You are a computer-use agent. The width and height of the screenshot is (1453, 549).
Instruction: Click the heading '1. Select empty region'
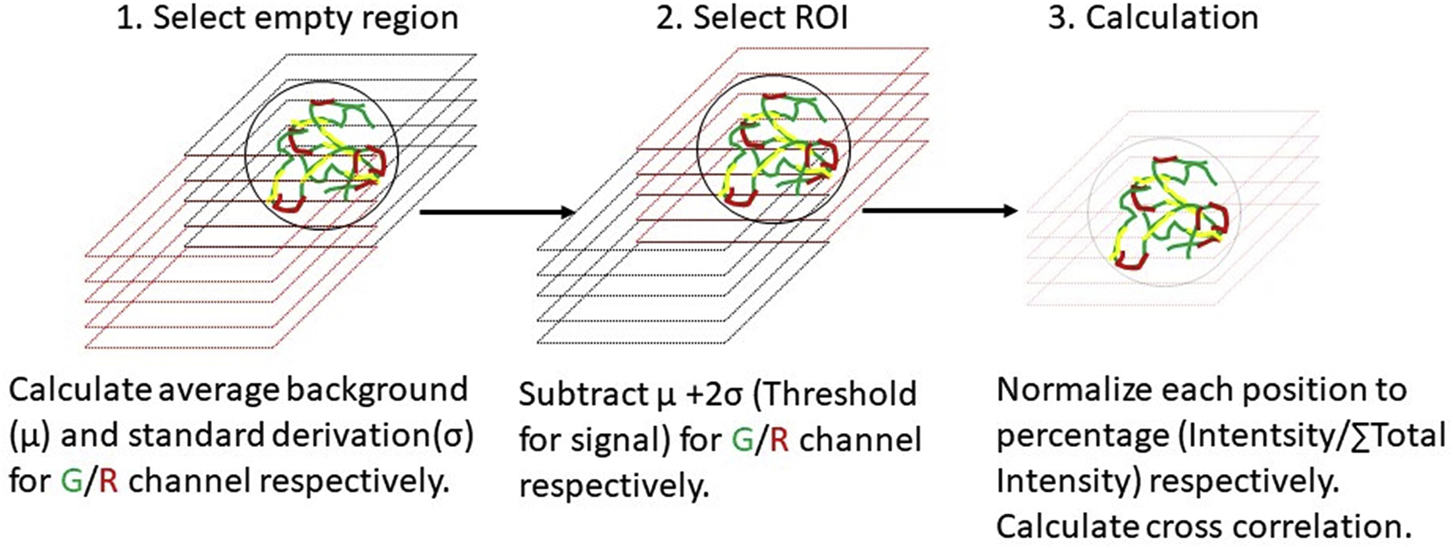(287, 18)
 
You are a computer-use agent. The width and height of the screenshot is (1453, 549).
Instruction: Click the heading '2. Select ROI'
(752, 18)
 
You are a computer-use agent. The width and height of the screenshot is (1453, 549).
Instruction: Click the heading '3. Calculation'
(1153, 18)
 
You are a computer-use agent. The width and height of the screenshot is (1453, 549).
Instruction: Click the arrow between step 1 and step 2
(497, 212)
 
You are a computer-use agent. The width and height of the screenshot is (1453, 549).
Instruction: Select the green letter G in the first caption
(71, 481)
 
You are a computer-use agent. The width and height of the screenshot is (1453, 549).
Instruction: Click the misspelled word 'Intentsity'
(1234, 435)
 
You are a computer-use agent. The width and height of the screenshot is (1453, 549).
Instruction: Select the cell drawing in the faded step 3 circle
(1163, 212)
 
